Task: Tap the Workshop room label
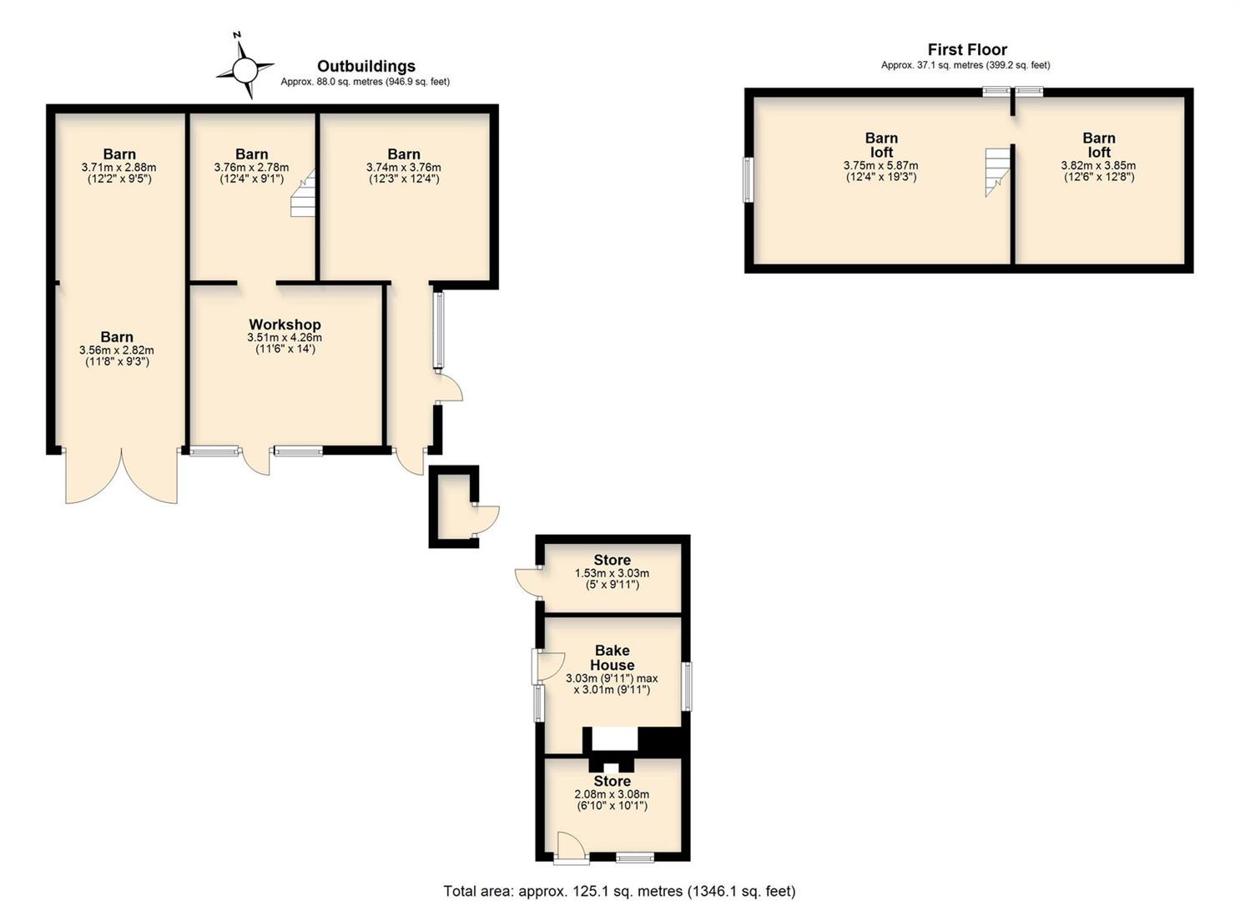click(285, 325)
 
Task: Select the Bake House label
click(612, 657)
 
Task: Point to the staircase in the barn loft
click(997, 172)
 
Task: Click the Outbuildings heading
click(366, 66)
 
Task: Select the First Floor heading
click(967, 49)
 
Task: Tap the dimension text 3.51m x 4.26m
click(285, 338)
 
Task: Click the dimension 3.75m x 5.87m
click(880, 165)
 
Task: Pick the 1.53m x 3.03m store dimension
click(612, 573)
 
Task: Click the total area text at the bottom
click(619, 875)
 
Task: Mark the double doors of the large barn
click(121, 476)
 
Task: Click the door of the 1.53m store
click(528, 581)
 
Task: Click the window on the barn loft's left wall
click(748, 180)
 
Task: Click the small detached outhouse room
click(455, 507)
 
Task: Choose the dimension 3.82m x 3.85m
click(1098, 165)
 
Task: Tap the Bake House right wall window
click(687, 687)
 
